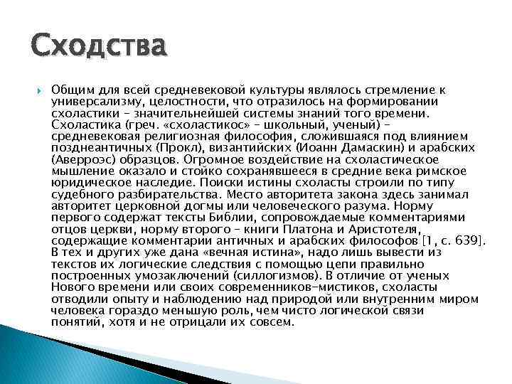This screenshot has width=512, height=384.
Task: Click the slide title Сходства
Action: click(99, 48)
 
